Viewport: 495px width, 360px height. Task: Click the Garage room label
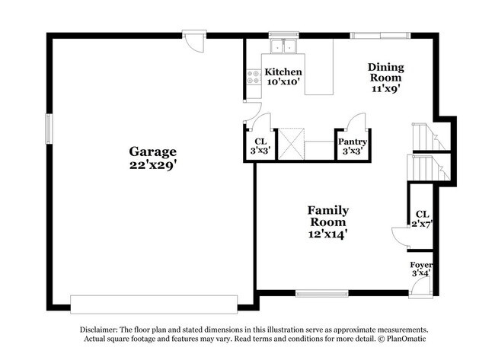[x=152, y=151]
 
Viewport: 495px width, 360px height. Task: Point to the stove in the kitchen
[x=252, y=75]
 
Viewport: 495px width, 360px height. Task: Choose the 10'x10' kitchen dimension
[x=283, y=81]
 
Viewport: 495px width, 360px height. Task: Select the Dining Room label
[x=385, y=72]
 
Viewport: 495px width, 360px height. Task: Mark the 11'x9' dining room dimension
[x=385, y=88]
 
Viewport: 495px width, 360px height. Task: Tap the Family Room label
[x=327, y=216]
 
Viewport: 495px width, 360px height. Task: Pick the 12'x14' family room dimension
[x=327, y=234]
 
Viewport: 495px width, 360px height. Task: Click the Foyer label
[x=421, y=265]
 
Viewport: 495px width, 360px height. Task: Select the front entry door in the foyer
[x=420, y=286]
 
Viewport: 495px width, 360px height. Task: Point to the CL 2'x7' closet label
[x=421, y=219]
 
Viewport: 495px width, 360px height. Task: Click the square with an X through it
[x=291, y=142]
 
